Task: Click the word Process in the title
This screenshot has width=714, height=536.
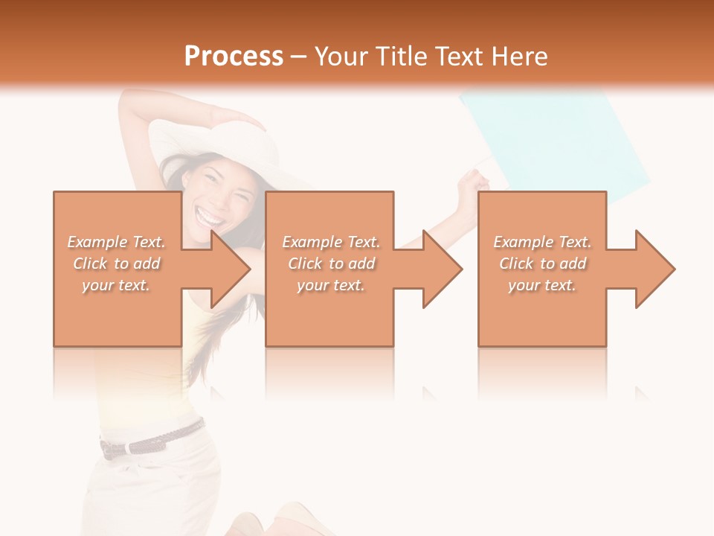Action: coord(234,57)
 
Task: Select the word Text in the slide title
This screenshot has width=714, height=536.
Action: coord(459,57)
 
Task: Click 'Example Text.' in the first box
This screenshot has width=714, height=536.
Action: coord(117,242)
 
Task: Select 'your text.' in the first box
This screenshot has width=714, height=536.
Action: coord(117,285)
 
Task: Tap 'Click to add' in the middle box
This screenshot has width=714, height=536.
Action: coord(331,264)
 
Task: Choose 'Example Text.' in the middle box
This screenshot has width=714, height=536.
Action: coord(331,242)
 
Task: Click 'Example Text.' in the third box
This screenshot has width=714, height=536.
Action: coord(542,242)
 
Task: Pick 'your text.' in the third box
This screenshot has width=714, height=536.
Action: coord(542,285)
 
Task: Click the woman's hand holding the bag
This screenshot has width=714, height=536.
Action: coord(472,186)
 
